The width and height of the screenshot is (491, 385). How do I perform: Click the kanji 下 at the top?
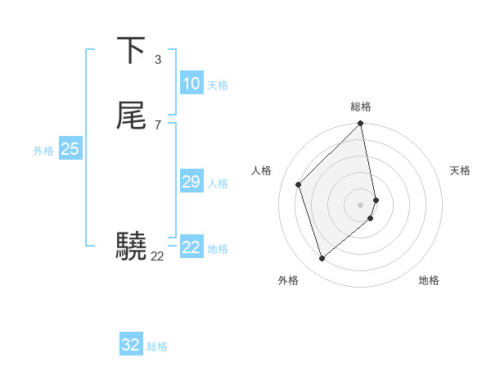pos(132,50)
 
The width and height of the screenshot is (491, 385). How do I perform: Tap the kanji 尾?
pos(132,115)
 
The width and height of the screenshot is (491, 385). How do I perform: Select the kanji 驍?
pos(132,245)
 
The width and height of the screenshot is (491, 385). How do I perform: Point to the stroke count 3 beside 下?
pos(157,59)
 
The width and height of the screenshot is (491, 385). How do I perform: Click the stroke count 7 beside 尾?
pos(157,125)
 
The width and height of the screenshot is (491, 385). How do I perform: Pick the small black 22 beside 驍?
pos(157,256)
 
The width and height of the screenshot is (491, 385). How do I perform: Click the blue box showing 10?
pos(191,84)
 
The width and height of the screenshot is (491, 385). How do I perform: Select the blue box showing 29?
pos(191,182)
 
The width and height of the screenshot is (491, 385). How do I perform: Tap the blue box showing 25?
pos(70,149)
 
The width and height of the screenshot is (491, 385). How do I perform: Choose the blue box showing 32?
pos(131,345)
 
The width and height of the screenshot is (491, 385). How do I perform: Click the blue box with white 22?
pos(191,247)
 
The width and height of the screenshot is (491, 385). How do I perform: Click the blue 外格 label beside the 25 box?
pos(43,151)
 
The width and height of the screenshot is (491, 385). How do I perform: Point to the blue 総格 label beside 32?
pos(157,346)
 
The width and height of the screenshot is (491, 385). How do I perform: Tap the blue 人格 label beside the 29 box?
pos(218,183)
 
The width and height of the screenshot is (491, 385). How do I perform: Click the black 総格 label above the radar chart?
pos(361,106)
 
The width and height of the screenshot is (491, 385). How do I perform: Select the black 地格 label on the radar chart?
pos(429,280)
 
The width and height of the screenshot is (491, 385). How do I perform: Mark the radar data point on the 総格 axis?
pos(361,125)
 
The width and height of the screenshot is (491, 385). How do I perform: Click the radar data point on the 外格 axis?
pos(322,259)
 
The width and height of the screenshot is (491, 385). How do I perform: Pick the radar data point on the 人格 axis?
pos(299,184)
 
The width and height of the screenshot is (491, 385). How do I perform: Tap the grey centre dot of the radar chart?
pos(361,204)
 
